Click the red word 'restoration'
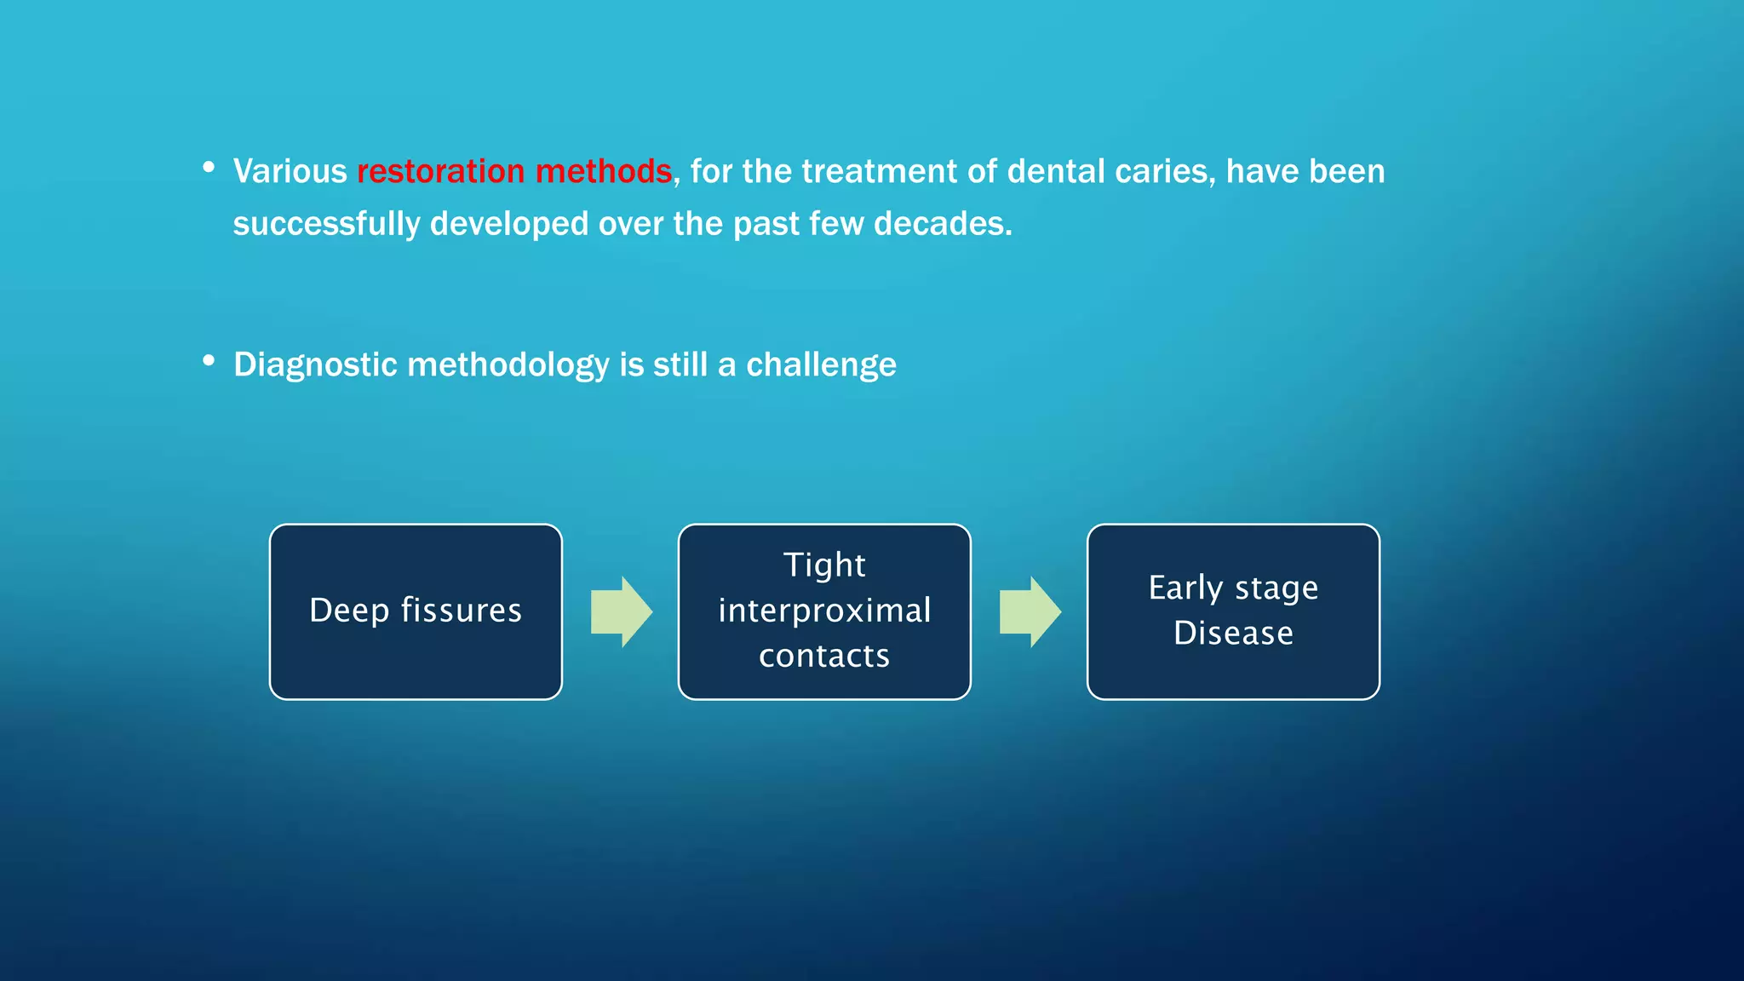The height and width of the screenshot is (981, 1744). [440, 171]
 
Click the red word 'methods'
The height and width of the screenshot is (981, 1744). [603, 171]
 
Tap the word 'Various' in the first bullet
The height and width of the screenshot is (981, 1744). [290, 171]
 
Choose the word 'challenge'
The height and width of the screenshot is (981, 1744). [821, 364]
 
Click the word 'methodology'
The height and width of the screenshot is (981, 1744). [508, 364]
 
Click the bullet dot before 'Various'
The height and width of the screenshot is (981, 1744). [209, 168]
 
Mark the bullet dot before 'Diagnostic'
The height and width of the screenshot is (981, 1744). [209, 361]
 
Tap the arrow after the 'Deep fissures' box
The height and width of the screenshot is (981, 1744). [622, 611]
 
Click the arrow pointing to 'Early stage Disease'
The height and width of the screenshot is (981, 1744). [1030, 611]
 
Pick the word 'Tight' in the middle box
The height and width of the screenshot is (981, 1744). [823, 565]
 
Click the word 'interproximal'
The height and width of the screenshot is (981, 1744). [823, 611]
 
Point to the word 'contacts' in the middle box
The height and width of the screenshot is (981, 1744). [823, 656]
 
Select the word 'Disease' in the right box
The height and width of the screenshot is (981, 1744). [1232, 634]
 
